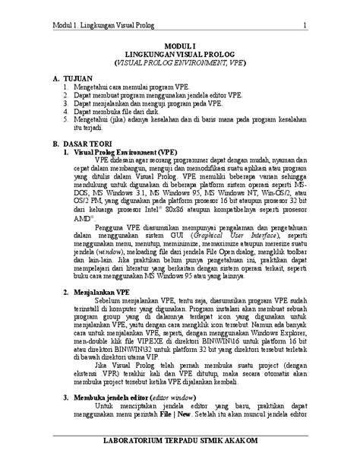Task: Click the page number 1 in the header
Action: point(304,29)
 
